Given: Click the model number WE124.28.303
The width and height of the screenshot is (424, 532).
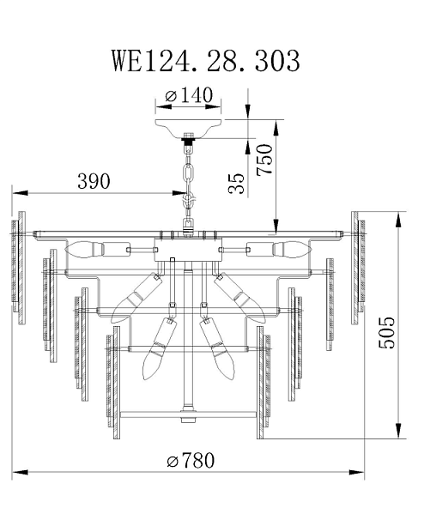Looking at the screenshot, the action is click(206, 61).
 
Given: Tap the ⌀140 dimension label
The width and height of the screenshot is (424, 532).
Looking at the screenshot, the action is click(189, 95).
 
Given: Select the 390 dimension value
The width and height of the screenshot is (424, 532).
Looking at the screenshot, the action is click(94, 181).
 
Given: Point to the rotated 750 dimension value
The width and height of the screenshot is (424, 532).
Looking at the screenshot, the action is click(265, 160).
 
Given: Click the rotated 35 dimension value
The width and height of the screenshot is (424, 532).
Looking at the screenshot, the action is click(237, 184).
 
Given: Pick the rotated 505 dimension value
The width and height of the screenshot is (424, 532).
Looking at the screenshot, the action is click(386, 333).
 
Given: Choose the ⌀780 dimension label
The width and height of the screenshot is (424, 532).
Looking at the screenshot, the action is click(191, 461).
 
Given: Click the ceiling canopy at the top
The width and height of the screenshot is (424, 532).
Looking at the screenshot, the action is click(189, 128).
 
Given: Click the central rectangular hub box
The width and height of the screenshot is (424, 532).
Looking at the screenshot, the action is click(189, 250).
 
